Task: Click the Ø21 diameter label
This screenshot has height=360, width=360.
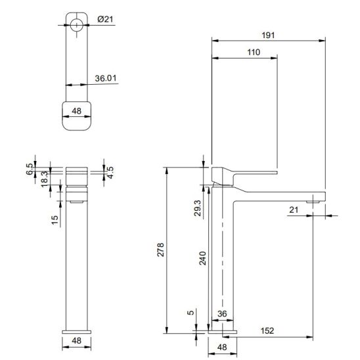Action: [x=105, y=19]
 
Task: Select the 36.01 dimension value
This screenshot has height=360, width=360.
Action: [x=106, y=78]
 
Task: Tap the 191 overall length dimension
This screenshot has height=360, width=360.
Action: [x=268, y=35]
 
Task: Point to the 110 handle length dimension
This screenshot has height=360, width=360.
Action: [x=254, y=53]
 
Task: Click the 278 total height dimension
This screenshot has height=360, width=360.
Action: [x=160, y=250]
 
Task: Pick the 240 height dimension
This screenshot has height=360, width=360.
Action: [x=203, y=258]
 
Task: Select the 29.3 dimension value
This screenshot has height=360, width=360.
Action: [x=198, y=208]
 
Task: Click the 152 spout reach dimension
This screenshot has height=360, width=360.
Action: [x=267, y=331]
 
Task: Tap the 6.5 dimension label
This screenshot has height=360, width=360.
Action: [x=30, y=169]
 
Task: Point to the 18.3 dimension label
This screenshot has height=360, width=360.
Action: [x=45, y=179]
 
